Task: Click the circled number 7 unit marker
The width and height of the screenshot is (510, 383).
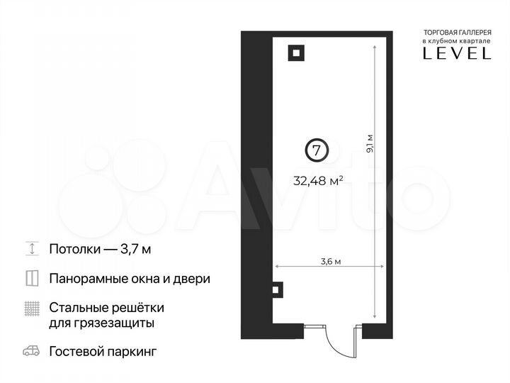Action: click(x=317, y=150)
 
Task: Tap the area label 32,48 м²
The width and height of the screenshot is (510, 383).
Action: click(x=318, y=180)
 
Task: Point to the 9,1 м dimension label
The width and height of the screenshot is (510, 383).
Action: click(x=369, y=144)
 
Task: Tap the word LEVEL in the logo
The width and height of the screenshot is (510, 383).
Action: click(x=456, y=53)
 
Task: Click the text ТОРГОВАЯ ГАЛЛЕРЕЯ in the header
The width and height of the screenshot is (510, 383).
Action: click(x=456, y=33)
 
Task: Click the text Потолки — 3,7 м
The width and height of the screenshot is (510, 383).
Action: click(x=100, y=249)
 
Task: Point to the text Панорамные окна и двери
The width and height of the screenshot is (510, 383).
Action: click(x=130, y=279)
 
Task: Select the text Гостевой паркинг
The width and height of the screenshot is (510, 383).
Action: click(x=102, y=352)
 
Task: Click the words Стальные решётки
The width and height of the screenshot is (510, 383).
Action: click(x=106, y=308)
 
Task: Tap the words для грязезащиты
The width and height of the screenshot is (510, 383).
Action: click(x=102, y=323)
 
